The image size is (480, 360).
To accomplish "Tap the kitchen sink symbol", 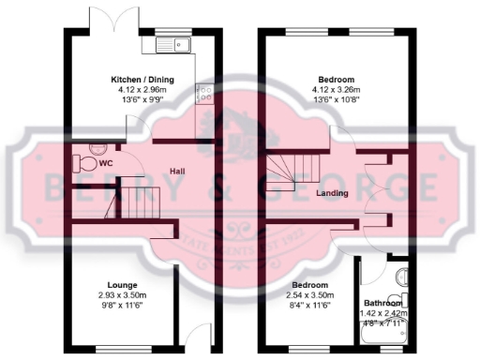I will pyautogui.click(x=175, y=43).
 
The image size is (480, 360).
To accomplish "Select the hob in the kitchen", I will pyautogui.click(x=203, y=92).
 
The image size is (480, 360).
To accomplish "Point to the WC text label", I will pyautogui.click(x=107, y=161).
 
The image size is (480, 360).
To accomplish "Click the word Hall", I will pyautogui.click(x=176, y=171).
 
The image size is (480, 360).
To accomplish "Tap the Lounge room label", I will pyautogui.click(x=122, y=285).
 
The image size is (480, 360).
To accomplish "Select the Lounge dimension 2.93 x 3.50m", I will pyautogui.click(x=122, y=294).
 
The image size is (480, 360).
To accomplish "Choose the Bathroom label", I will pyautogui.click(x=382, y=304).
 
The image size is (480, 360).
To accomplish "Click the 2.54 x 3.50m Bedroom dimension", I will pyautogui.click(x=310, y=294).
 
